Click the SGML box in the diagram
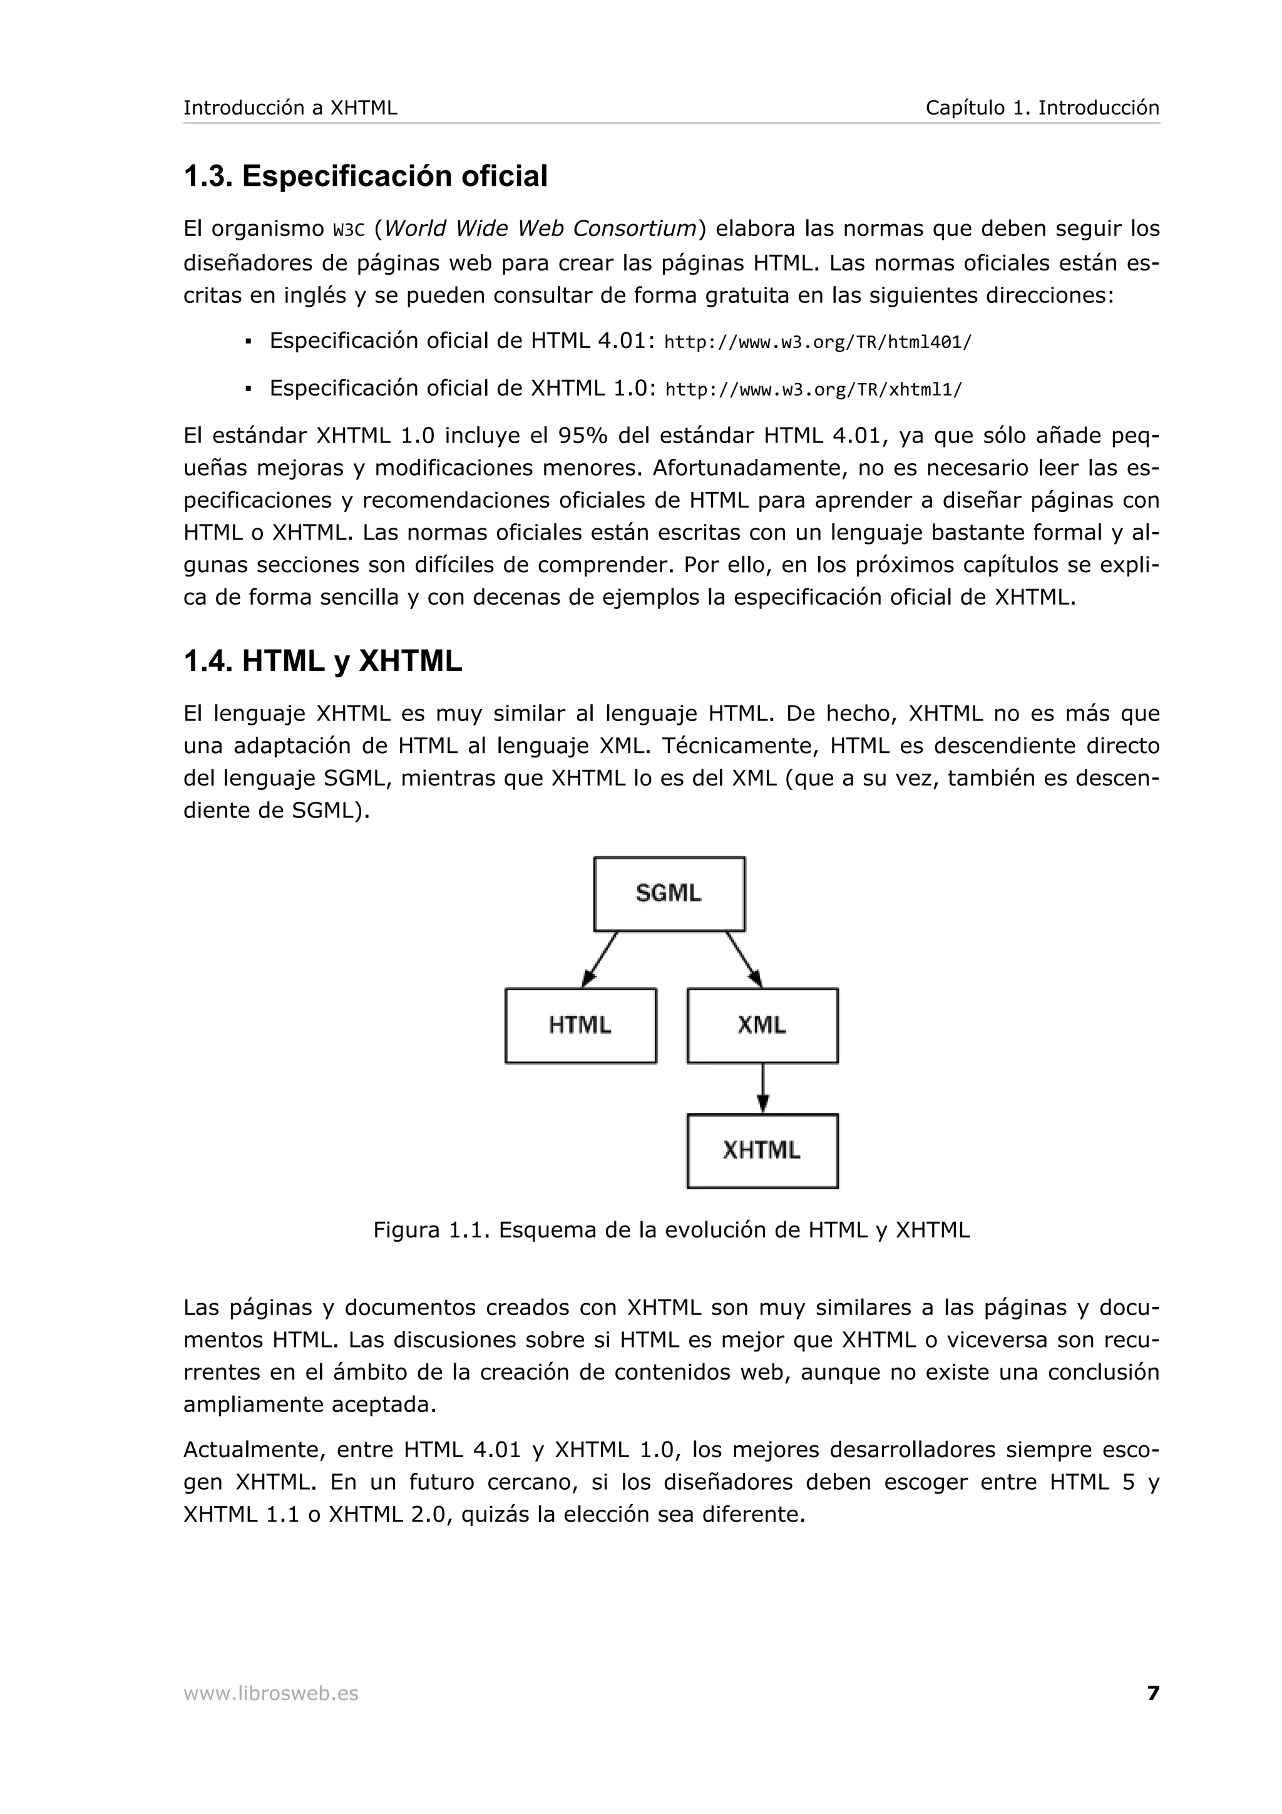click(669, 894)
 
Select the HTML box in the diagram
click(580, 1025)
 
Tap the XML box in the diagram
click(762, 1025)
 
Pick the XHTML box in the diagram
click(762, 1150)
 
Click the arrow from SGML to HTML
click(600, 959)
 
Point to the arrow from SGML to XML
click(744, 959)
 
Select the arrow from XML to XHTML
click(762, 1088)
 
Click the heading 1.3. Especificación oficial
click(365, 175)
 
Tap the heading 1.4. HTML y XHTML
click(322, 660)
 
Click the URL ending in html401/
click(818, 342)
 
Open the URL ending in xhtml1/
click(814, 389)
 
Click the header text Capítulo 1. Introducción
click(1042, 108)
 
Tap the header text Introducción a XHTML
click(290, 108)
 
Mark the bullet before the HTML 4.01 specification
click(248, 342)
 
